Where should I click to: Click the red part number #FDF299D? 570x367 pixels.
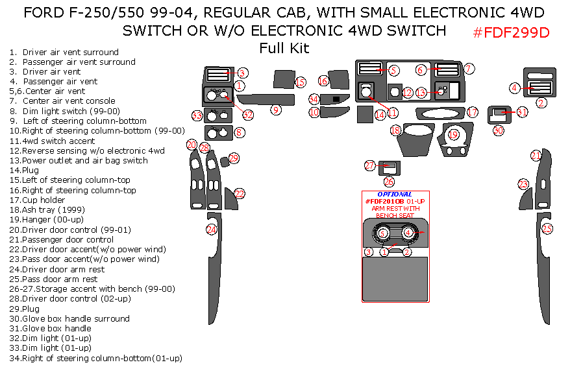[512, 32]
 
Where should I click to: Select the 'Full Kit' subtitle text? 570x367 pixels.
[284, 47]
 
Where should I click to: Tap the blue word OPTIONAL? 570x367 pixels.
[395, 194]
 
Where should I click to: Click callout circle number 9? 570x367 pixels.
[276, 110]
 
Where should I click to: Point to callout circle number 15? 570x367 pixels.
[300, 82]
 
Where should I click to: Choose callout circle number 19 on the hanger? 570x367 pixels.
[453, 134]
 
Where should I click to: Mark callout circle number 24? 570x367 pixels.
[211, 229]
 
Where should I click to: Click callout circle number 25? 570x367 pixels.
[547, 228]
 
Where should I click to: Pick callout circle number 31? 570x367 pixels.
[522, 112]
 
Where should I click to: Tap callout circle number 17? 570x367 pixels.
[473, 112]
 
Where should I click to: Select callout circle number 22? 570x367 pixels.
[240, 193]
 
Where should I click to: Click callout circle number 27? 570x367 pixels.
[369, 166]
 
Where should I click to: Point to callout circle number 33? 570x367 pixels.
[197, 115]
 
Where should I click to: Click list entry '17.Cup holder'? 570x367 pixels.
[43, 200]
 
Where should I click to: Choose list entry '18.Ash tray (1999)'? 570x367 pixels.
[46, 209]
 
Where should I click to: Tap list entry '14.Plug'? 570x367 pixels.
[24, 170]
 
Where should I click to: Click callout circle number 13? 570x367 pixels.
[421, 93]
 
